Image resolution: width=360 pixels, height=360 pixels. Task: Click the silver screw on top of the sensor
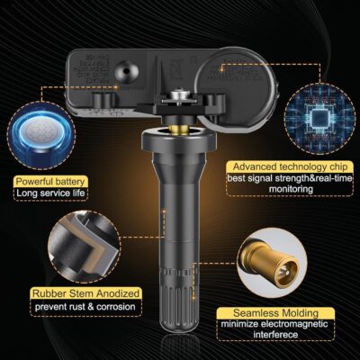[180, 93]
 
